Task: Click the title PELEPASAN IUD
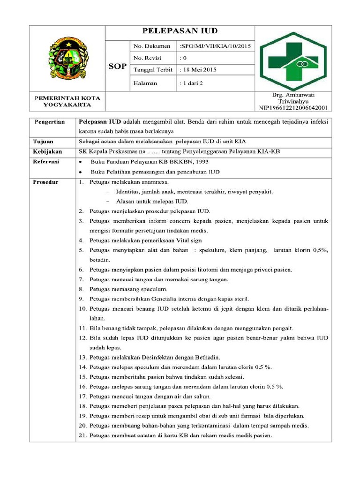click(x=180, y=32)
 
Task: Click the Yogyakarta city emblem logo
click(x=67, y=58)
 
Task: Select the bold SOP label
click(x=117, y=66)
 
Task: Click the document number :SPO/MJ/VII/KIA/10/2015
click(x=215, y=46)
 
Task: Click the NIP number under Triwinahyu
click(x=293, y=108)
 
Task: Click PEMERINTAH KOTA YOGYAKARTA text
click(x=67, y=101)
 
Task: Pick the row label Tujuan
click(x=43, y=141)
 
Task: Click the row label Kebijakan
click(x=47, y=151)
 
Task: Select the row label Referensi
click(x=46, y=161)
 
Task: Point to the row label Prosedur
click(x=45, y=182)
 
